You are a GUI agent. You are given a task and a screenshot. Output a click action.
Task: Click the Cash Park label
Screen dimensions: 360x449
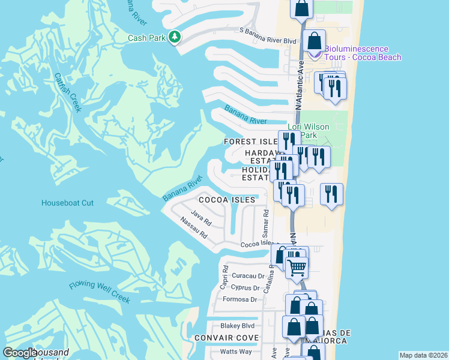146,38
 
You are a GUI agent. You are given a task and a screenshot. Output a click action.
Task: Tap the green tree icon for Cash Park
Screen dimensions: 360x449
174,37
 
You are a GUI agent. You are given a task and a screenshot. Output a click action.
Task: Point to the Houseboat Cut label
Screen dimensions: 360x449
67,203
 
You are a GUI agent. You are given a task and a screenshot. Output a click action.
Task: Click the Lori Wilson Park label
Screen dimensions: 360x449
310,131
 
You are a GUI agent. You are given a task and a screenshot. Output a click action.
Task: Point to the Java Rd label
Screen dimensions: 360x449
201,218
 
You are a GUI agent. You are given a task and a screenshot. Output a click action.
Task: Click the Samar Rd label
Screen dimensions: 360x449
265,223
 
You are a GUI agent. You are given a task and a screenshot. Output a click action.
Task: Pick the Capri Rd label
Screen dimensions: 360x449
226,274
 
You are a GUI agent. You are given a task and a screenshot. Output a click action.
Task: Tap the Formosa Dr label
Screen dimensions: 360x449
240,299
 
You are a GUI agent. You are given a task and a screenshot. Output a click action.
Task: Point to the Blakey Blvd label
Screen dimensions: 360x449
238,325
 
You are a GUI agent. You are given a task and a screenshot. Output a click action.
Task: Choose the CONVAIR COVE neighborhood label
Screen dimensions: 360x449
226,338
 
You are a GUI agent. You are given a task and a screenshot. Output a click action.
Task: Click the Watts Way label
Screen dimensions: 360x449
236,351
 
